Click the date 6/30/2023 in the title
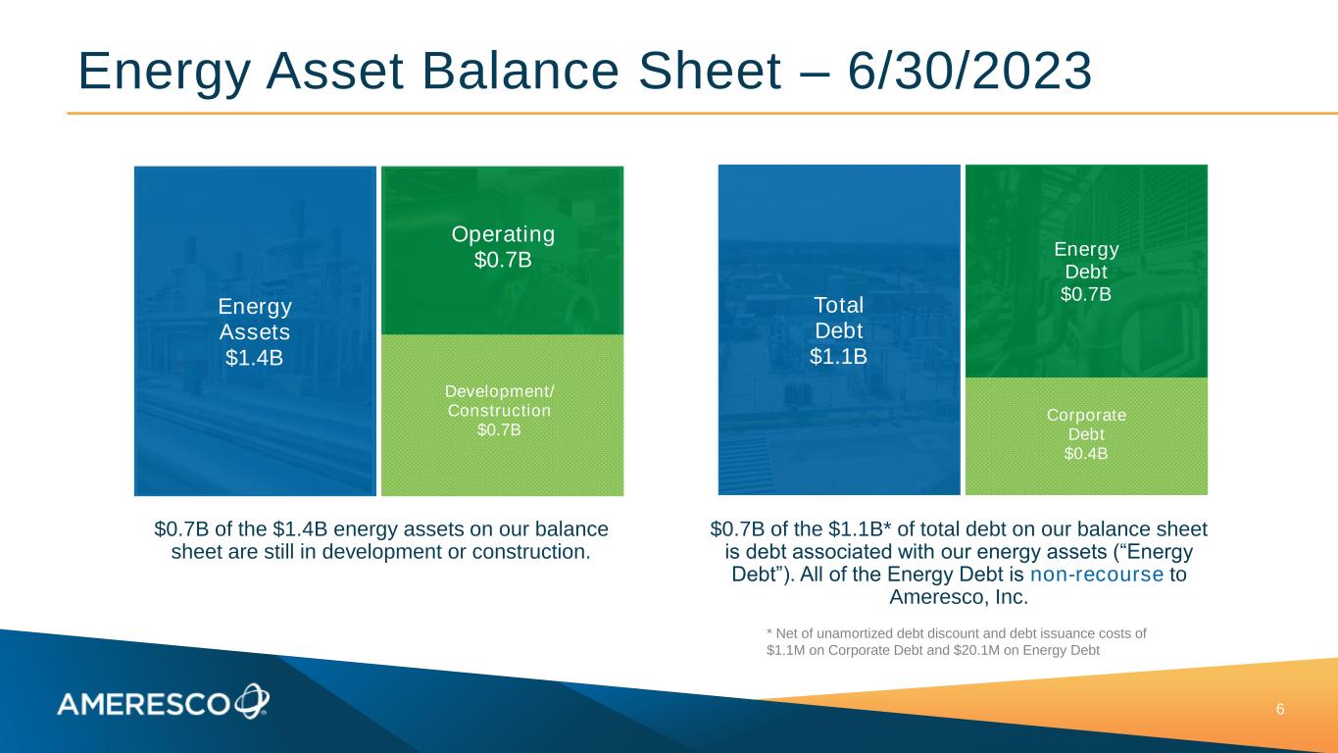pyautogui.click(x=970, y=72)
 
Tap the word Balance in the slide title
pyautogui.click(x=520, y=72)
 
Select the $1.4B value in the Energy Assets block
pyautogui.click(x=254, y=357)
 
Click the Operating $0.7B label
pyautogui.click(x=503, y=247)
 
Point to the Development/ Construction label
pyautogui.click(x=499, y=401)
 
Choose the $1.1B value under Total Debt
pyautogui.click(x=838, y=356)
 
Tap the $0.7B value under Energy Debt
pyautogui.click(x=1086, y=294)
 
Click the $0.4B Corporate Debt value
pyautogui.click(x=1086, y=453)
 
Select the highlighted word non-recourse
pyautogui.click(x=1097, y=575)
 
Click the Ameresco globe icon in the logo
pyautogui.click(x=252, y=701)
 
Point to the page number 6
pyautogui.click(x=1280, y=710)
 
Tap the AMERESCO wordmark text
pyautogui.click(x=144, y=705)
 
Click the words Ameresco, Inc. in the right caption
pyautogui.click(x=959, y=597)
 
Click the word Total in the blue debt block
pyautogui.click(x=839, y=305)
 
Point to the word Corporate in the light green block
pyautogui.click(x=1086, y=415)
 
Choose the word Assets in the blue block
pyautogui.click(x=255, y=331)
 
